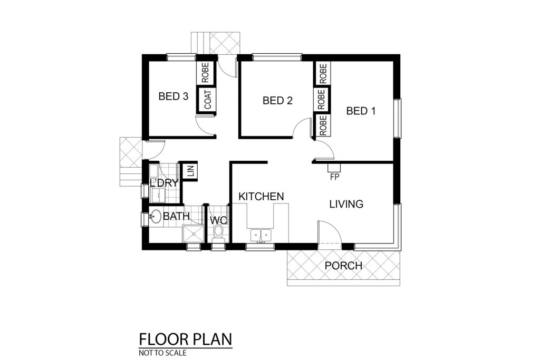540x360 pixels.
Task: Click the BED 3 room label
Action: (173, 96)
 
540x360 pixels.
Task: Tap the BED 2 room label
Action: (277, 101)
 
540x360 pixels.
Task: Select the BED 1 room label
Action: (361, 111)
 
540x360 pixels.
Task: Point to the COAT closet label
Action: (208, 100)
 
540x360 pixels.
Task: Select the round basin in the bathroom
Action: (156, 217)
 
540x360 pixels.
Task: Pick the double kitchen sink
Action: (261, 235)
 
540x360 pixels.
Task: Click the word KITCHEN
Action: (261, 197)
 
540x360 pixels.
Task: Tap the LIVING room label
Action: (346, 204)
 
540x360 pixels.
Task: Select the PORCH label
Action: (343, 266)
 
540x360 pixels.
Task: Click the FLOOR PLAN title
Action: (186, 339)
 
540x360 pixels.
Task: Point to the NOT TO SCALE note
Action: (162, 353)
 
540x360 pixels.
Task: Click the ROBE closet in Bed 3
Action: (205, 72)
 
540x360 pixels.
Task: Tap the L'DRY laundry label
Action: (164, 183)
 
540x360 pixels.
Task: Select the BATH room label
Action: (176, 216)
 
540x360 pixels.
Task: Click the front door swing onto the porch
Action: (330, 232)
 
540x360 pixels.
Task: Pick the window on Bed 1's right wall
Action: (398, 118)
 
